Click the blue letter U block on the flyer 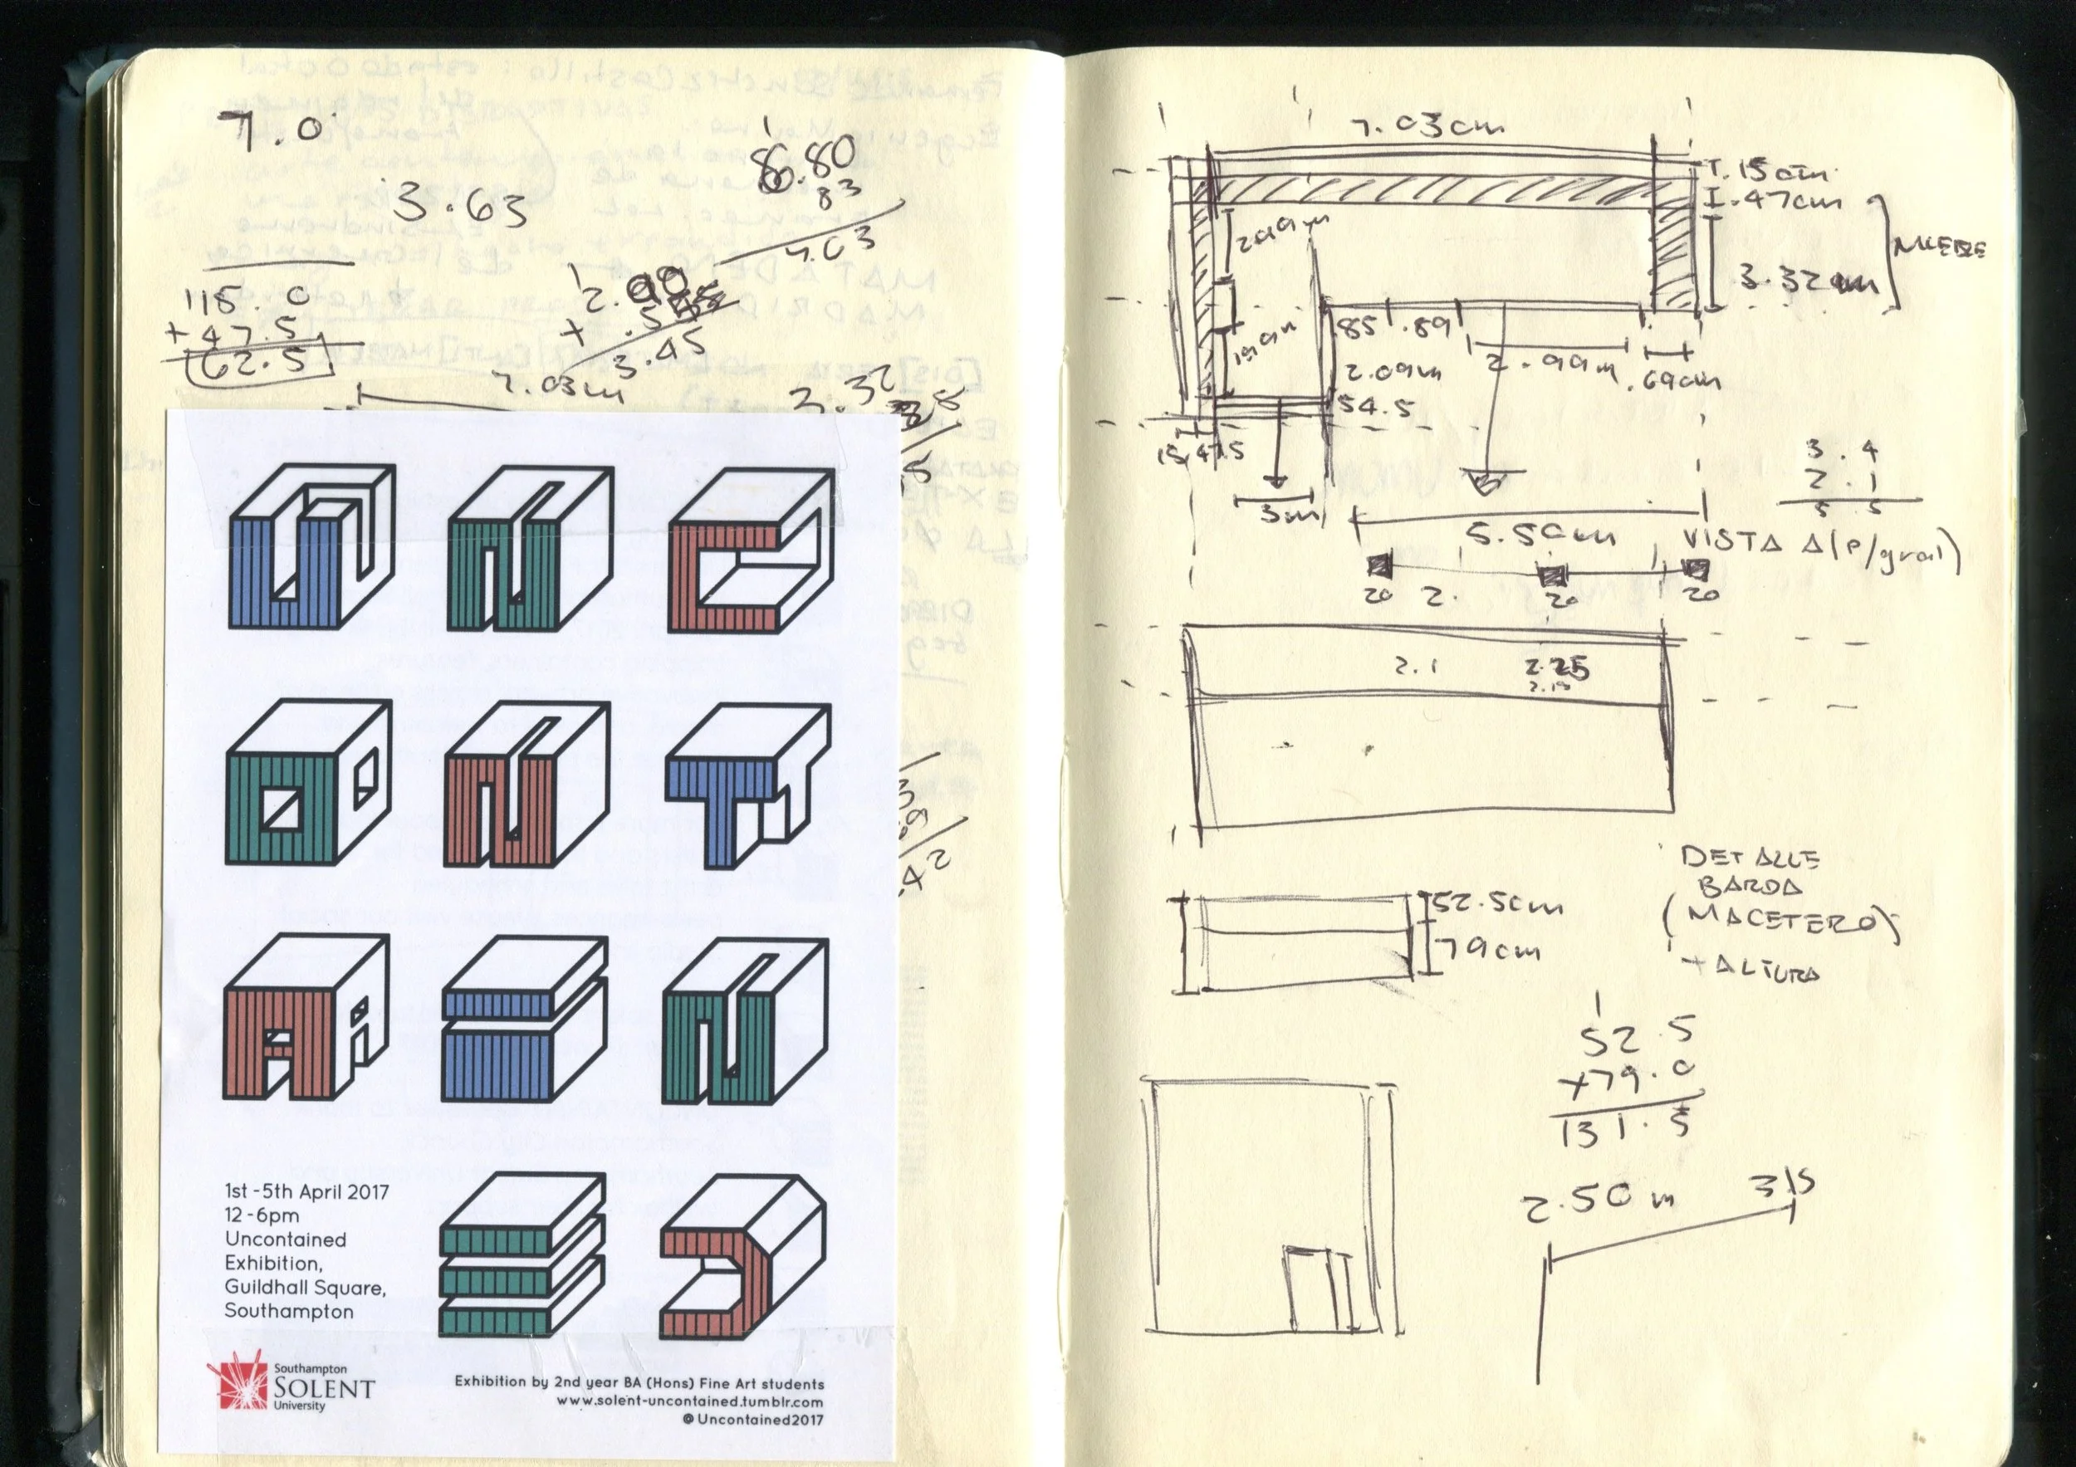pos(310,548)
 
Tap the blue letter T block pos(747,783)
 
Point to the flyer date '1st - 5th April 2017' pos(306,1191)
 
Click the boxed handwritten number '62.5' pos(256,364)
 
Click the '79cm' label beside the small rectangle pos(1486,951)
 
